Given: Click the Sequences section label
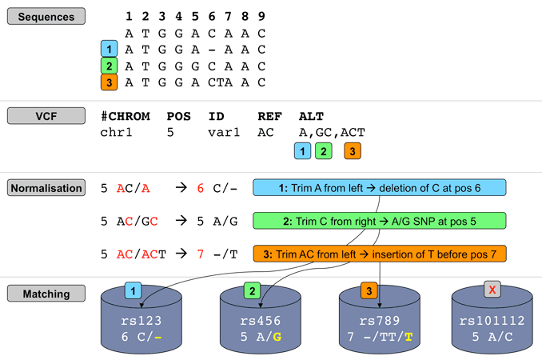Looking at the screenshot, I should [46, 16].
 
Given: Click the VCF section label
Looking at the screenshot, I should [46, 116].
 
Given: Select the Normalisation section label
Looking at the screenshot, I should [46, 188].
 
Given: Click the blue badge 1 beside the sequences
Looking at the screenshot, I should [110, 50].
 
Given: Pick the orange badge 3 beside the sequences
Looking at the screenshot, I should [110, 82].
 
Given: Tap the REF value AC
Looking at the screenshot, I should [266, 132].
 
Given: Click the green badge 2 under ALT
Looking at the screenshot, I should [323, 150].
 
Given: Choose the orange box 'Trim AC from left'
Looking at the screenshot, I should [380, 254].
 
